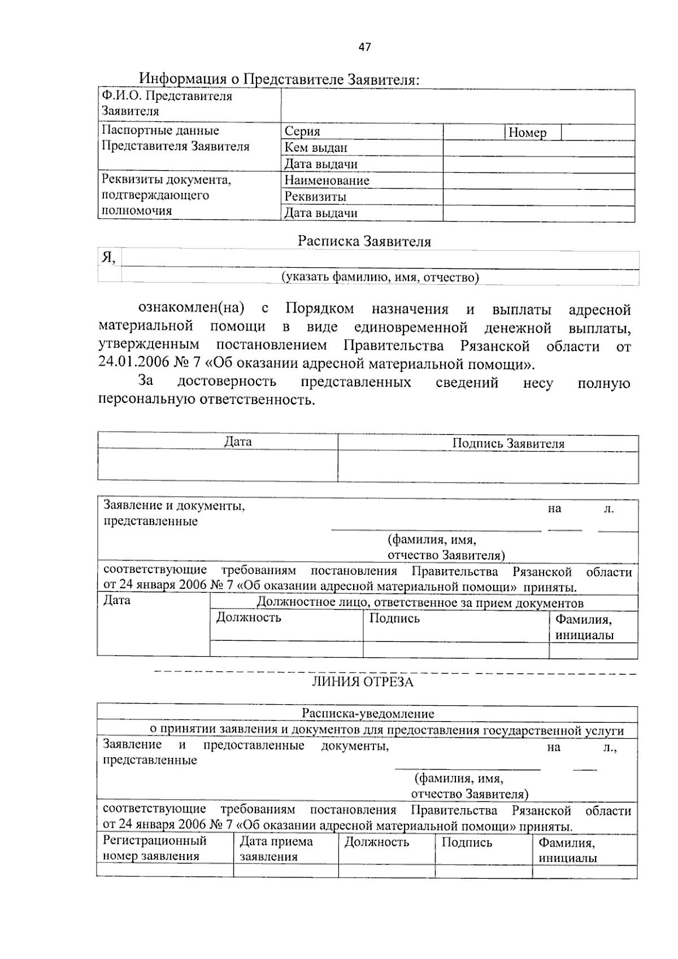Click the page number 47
click(x=364, y=47)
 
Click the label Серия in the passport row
click(x=302, y=132)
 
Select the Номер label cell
click(x=528, y=133)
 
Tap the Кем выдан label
click(x=315, y=148)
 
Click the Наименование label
click(x=327, y=181)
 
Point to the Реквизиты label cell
click(x=315, y=197)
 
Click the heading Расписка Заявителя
click(x=364, y=242)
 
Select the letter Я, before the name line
click(x=108, y=258)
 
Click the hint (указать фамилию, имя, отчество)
click(x=380, y=277)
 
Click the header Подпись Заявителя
click(x=508, y=444)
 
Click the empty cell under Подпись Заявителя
click(x=488, y=467)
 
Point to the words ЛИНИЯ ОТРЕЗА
click(x=363, y=682)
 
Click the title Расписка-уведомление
click(x=367, y=714)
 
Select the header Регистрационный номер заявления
click(x=154, y=848)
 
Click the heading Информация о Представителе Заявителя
click(x=280, y=79)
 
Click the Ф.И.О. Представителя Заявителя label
click(x=167, y=103)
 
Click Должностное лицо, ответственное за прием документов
click(x=420, y=603)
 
